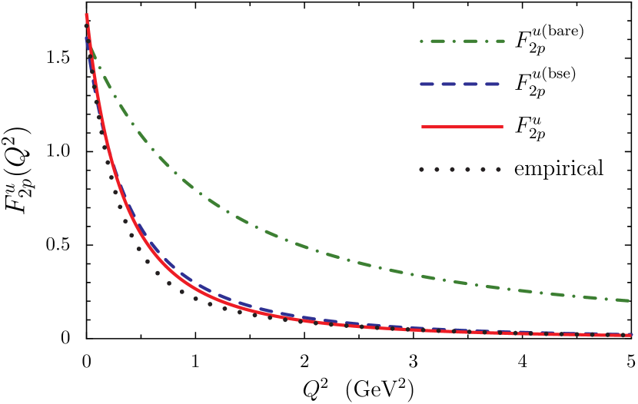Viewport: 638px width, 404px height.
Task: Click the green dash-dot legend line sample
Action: coord(462,41)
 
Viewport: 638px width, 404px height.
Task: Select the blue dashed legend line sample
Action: coord(460,84)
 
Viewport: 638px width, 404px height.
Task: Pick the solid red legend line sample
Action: coord(462,127)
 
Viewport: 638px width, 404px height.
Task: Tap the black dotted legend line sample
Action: coord(460,169)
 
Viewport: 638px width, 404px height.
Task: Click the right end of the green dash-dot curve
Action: coord(628,301)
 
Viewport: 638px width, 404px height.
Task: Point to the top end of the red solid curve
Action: coord(86,15)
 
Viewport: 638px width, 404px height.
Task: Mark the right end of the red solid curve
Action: coord(631,335)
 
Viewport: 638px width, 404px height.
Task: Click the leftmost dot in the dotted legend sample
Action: coord(421,169)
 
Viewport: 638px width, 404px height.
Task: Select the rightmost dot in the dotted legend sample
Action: coord(498,169)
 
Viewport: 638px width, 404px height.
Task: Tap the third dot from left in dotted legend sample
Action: coord(452,169)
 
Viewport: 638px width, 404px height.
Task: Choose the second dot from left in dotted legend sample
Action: coord(437,169)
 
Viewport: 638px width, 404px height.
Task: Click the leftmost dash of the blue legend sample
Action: coord(427,84)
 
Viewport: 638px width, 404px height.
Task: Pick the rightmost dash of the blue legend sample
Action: coord(491,84)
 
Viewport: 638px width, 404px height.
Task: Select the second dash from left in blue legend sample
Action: coord(449,84)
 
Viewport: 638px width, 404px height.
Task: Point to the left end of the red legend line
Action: coord(422,127)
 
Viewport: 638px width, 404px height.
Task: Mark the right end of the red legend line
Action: coord(503,127)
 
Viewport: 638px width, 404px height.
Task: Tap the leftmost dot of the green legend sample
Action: coord(421,41)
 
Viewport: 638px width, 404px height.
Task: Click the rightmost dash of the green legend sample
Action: coord(497,41)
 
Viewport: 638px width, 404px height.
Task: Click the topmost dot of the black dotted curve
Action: coord(86,25)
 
